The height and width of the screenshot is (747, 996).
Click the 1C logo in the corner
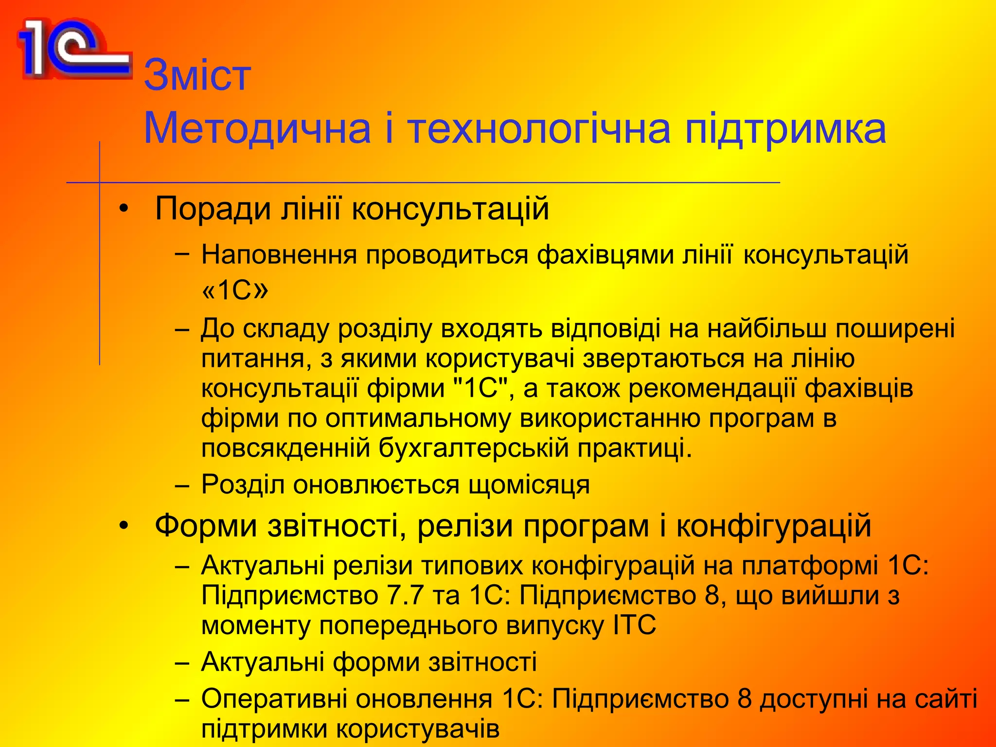point(73,49)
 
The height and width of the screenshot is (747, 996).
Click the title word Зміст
point(197,75)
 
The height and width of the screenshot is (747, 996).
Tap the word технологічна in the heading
point(538,129)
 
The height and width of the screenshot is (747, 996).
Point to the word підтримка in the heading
point(785,129)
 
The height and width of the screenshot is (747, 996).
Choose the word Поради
point(213,209)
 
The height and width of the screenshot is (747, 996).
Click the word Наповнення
point(279,255)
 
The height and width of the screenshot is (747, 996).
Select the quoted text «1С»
point(234,290)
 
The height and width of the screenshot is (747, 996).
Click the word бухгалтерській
point(473,448)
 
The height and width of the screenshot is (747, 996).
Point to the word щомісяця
point(529,485)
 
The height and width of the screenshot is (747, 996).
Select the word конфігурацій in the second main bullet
point(774,526)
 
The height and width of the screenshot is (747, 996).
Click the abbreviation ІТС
point(635,625)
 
